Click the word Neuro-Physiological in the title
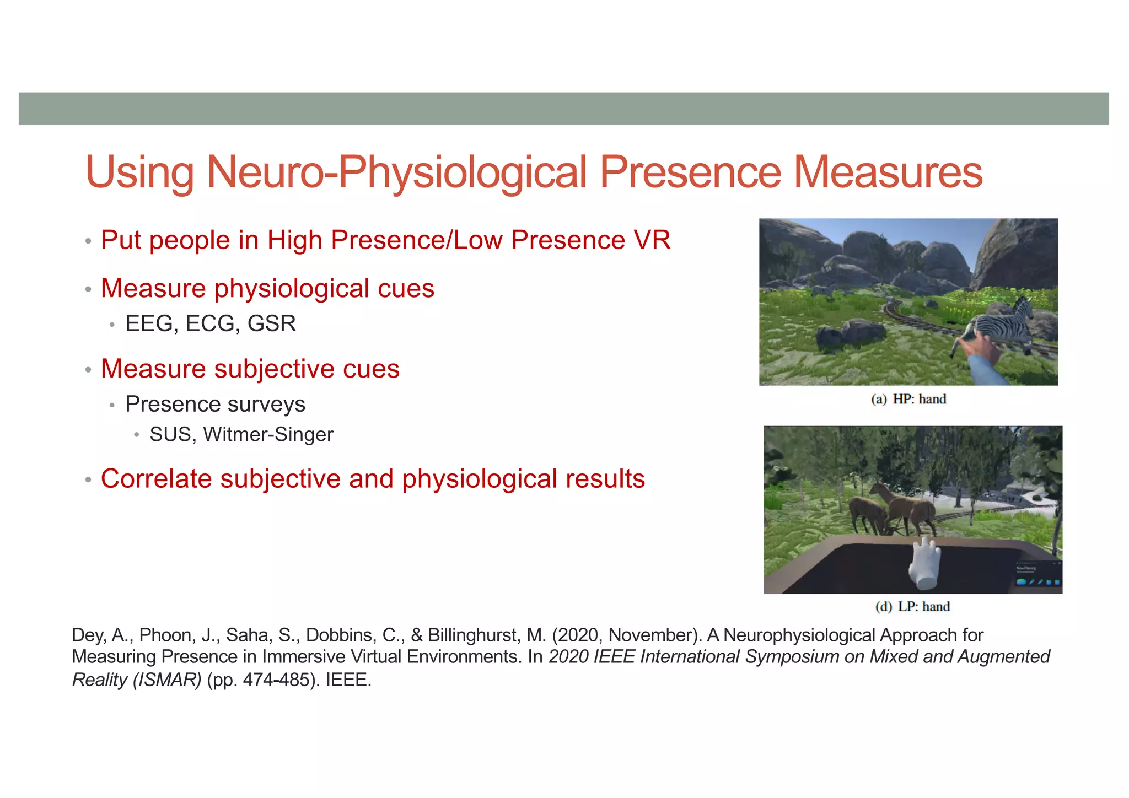pos(397,172)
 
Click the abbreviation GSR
pos(272,323)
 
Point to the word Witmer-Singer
pos(268,435)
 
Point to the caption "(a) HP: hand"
pos(908,399)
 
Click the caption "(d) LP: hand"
pos(912,607)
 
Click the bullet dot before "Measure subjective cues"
pos(88,370)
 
